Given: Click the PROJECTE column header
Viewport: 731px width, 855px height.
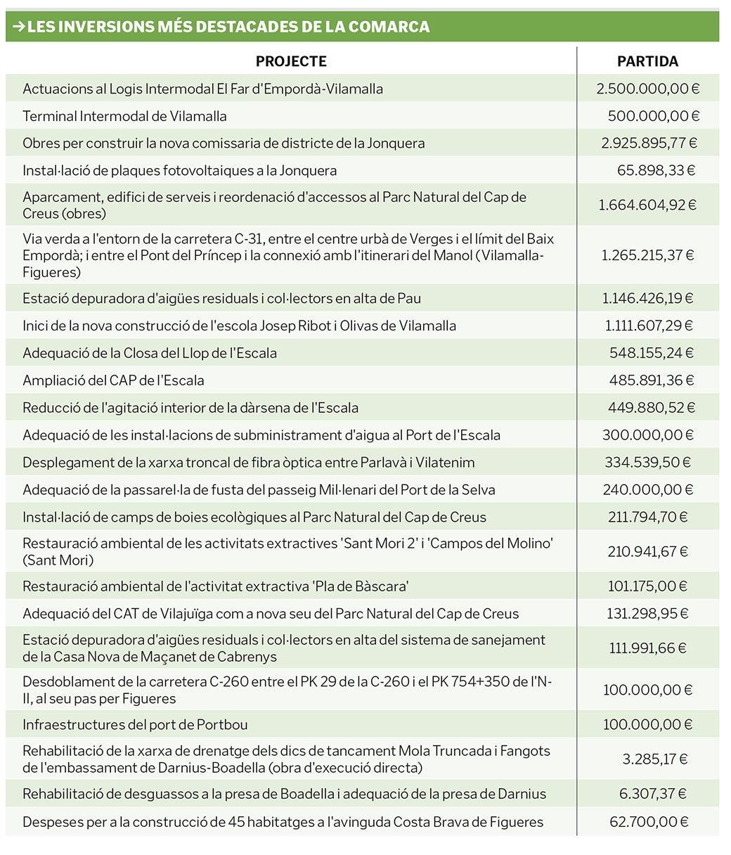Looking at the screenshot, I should (291, 61).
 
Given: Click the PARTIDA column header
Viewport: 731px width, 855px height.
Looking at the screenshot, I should (647, 61).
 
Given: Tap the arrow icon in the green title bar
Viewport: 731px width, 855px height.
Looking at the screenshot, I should (19, 27).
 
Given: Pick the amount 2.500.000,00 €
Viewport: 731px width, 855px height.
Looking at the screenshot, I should (647, 89).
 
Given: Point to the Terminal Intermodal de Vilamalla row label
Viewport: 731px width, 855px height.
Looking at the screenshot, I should (124, 116).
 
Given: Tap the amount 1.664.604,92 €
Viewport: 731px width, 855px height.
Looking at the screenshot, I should (647, 205).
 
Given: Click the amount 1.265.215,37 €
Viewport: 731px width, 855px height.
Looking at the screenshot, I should (647, 255).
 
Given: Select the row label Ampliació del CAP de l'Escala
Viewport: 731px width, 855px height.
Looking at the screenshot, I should (113, 380).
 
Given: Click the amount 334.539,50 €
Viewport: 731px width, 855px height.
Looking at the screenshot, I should (647, 462).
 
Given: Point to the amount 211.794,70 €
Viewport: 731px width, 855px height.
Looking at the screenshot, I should (647, 517).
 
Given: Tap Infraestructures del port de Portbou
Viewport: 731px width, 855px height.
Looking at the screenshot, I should (135, 724).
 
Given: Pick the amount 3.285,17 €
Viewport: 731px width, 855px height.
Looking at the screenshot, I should (654, 759).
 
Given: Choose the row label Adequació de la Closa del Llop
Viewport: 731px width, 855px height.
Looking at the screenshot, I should (150, 353).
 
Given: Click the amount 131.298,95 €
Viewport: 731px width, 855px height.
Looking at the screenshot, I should (647, 613).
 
